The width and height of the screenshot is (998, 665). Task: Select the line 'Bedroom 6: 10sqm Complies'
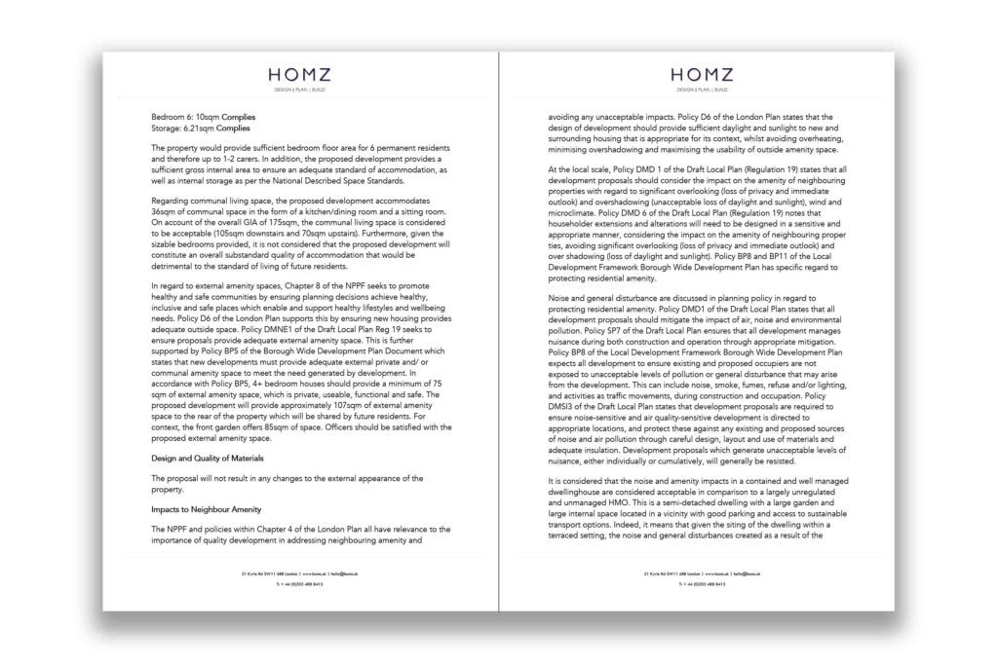198,116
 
